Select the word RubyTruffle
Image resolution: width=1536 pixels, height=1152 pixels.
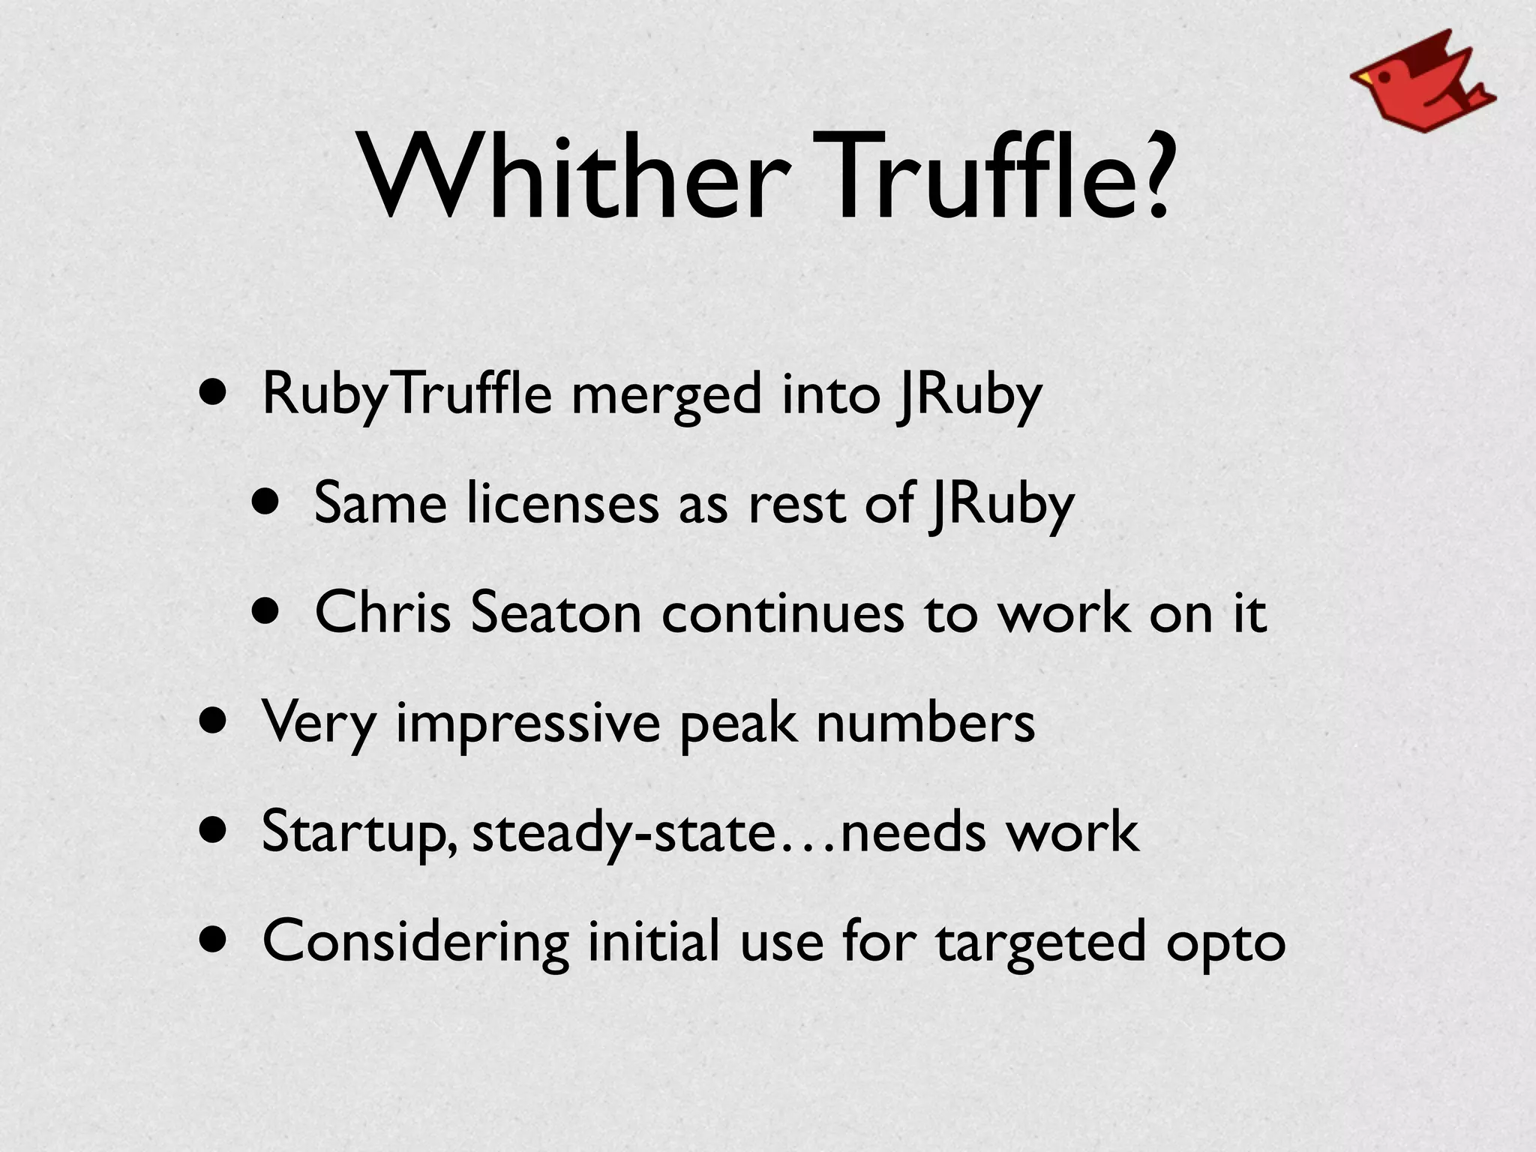click(407, 394)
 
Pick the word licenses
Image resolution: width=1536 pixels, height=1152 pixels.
click(562, 504)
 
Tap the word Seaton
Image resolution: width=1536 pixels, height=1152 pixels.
click(556, 613)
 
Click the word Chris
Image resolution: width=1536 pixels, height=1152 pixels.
click(382, 613)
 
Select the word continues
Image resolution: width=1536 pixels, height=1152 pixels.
click(783, 613)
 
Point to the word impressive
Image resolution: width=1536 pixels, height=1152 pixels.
click(527, 723)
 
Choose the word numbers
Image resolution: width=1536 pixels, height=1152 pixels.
click(925, 723)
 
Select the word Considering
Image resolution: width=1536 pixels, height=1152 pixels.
click(415, 942)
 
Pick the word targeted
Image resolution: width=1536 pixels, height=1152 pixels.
click(1041, 942)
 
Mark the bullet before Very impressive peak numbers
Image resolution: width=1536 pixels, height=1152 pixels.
click(213, 722)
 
